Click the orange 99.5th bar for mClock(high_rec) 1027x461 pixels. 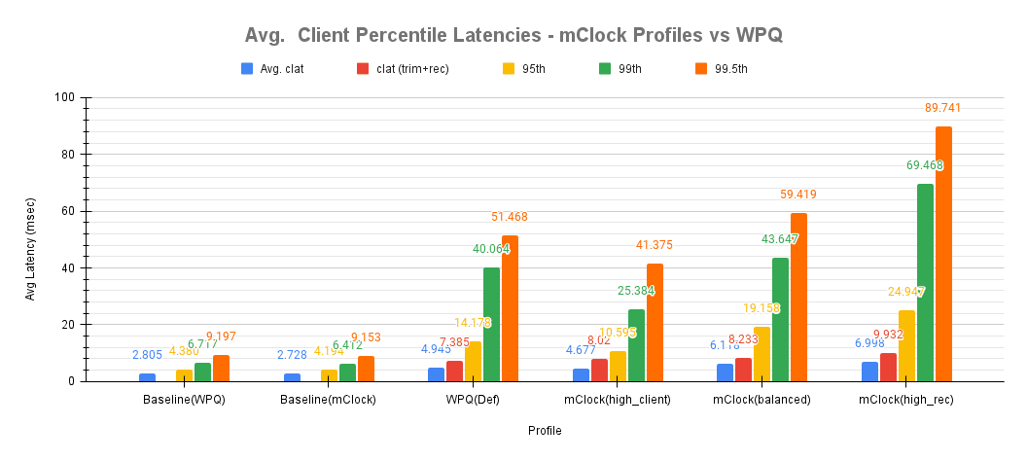[x=943, y=254]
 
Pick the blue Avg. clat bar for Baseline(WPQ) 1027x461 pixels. [x=147, y=377]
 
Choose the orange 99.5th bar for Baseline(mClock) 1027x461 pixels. [x=366, y=369]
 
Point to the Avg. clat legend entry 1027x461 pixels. [x=273, y=69]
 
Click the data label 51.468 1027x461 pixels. [x=509, y=217]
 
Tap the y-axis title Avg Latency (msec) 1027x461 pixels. [x=30, y=239]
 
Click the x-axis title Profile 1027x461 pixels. [x=545, y=431]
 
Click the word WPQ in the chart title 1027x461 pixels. [x=761, y=36]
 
